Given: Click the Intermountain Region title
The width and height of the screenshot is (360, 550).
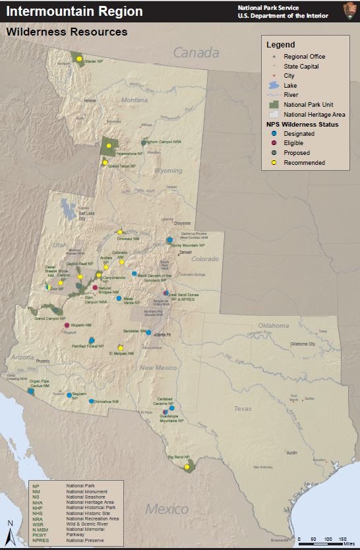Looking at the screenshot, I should click(x=74, y=11).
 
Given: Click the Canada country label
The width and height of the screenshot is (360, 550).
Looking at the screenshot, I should click(x=195, y=52).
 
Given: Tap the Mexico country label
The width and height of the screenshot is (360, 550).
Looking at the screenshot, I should click(x=167, y=508).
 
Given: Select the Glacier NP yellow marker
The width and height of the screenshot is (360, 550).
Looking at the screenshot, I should click(x=79, y=59).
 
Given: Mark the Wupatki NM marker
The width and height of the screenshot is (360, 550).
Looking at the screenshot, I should click(x=67, y=325).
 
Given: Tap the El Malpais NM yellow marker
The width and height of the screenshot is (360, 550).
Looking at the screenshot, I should click(x=121, y=348).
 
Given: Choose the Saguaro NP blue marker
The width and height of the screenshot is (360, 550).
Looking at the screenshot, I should click(x=69, y=395).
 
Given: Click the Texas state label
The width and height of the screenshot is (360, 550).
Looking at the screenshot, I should click(x=243, y=408).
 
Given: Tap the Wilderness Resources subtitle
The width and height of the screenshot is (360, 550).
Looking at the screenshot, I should click(x=67, y=31).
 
